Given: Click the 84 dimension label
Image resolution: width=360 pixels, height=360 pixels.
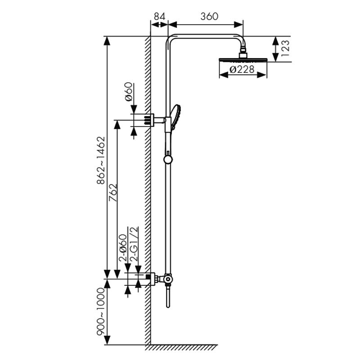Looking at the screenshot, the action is [x=160, y=17].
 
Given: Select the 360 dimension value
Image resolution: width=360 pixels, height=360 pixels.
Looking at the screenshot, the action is [x=209, y=17].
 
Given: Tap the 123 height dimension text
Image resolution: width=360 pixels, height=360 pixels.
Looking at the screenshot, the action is [x=285, y=49].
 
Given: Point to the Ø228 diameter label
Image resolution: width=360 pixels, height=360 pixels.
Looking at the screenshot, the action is [x=242, y=69].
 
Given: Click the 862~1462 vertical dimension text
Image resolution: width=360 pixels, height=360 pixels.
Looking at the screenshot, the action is [x=101, y=160].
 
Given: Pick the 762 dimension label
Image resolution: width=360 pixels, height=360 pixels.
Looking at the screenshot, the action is [x=113, y=193].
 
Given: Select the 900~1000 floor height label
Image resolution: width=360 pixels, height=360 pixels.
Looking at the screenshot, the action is [x=100, y=311].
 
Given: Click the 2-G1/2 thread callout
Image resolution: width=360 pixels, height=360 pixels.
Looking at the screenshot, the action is [x=134, y=244].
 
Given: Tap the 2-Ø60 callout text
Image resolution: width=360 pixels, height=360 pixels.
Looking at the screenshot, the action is [x=123, y=248].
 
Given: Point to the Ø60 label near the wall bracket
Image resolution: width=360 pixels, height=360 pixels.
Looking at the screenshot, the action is [x=129, y=92].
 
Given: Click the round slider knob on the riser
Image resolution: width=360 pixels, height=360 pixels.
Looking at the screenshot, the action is [x=168, y=159].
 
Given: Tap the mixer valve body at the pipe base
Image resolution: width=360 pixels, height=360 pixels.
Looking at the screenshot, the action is [x=168, y=279].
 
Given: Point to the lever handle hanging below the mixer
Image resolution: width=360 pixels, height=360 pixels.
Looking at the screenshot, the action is [x=168, y=296].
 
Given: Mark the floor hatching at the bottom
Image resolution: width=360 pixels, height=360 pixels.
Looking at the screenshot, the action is [x=181, y=347].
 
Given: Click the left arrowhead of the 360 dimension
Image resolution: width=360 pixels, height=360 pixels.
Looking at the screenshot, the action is [x=172, y=25].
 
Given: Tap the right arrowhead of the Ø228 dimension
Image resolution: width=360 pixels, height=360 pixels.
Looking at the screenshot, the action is [x=262, y=75].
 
